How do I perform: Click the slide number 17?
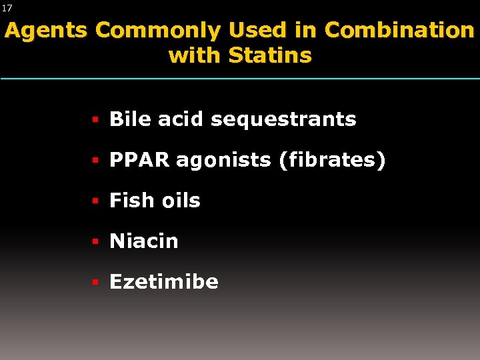point(7,8)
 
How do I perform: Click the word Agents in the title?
point(46,31)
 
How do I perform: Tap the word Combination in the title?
point(399,31)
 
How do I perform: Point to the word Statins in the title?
point(270,55)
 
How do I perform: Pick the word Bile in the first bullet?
point(131,119)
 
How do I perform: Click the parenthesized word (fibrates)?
point(333,161)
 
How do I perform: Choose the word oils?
point(179,201)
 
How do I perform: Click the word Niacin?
point(144,241)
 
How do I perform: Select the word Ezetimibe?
point(164,282)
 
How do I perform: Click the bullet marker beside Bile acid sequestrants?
point(95,120)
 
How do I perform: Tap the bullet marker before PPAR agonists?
point(95,161)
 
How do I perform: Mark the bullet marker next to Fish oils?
point(95,201)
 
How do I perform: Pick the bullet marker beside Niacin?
point(95,242)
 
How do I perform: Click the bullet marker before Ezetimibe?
point(95,283)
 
